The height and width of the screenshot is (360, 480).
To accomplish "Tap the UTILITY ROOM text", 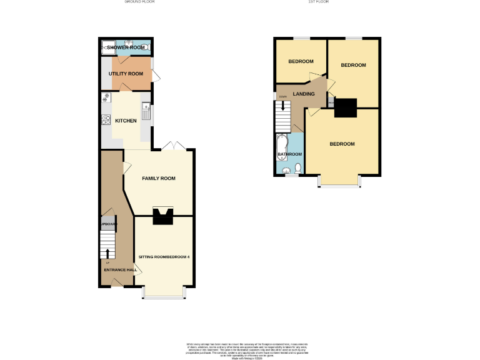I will click(126, 74).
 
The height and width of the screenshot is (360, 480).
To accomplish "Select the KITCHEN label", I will click(126, 121).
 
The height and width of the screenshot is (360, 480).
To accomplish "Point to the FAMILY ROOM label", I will click(158, 179).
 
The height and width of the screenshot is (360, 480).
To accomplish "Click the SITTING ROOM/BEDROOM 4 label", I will click(164, 257).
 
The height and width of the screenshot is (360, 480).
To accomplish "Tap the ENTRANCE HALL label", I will click(120, 270).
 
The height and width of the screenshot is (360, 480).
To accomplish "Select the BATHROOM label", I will click(290, 154).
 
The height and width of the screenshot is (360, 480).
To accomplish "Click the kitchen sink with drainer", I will click(146, 112).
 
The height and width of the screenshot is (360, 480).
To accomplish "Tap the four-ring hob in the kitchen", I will click(106, 120).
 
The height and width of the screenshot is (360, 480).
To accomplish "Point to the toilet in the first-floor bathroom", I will click(298, 167).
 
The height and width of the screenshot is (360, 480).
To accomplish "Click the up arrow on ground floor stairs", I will click(107, 253).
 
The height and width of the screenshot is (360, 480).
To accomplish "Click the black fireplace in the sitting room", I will click(164, 216).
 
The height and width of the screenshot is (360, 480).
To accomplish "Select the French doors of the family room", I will click(172, 146).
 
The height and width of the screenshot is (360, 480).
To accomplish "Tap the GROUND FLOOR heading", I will click(139, 2).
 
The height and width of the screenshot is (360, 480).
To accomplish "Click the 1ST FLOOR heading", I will click(318, 2).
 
